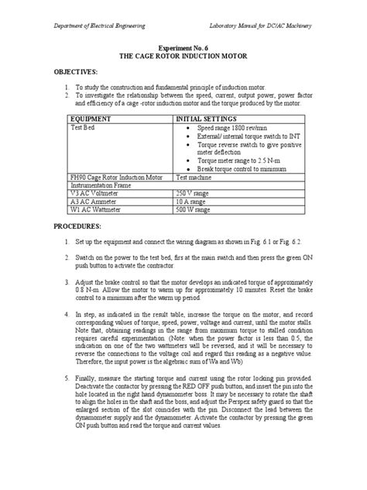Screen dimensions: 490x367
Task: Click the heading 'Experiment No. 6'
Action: (x=183, y=47)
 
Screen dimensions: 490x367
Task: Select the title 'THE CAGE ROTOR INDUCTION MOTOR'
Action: (x=183, y=56)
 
